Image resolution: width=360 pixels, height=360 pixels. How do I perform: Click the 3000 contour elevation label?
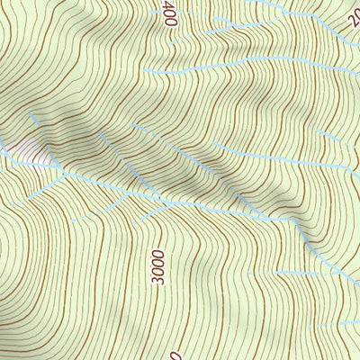click(159, 267)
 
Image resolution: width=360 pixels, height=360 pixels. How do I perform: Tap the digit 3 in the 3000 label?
click(159, 281)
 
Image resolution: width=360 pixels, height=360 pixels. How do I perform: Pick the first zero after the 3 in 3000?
click(159, 272)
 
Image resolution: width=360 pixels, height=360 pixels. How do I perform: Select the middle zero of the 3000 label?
click(159, 264)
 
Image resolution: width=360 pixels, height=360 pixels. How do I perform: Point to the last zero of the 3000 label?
click(159, 255)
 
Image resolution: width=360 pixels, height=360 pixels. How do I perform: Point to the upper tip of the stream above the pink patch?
click(32, 115)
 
